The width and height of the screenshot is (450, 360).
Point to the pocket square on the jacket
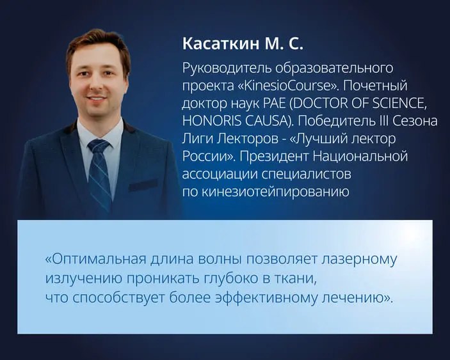click(142, 185)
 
